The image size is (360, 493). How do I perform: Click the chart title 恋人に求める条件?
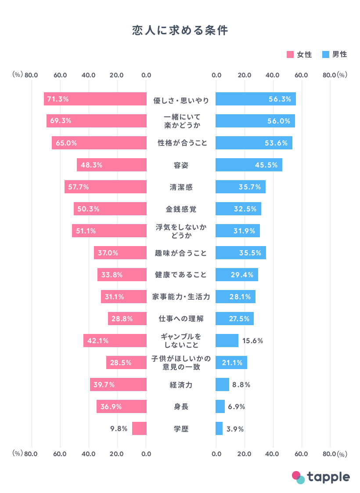coord(180,30)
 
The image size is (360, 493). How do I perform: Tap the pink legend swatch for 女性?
coord(290,55)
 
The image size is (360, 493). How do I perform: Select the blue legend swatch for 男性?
coord(326,55)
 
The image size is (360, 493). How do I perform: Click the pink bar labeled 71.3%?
coord(95,99)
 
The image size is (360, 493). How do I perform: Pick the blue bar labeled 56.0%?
coord(255,121)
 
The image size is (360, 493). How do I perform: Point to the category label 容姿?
coord(181,165)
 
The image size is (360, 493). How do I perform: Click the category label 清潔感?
coord(181,187)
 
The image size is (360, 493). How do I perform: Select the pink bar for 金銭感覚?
coord(110,209)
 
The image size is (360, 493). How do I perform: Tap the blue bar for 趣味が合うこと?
coord(241,253)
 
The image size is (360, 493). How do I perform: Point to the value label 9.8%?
coord(119,429)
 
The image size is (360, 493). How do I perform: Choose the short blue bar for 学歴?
coord(219,428)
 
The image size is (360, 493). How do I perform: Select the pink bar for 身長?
coord(122,406)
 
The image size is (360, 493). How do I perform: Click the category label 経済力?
coord(181,385)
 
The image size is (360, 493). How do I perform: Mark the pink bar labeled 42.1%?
coord(115,341)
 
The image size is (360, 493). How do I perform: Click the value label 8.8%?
coord(241,385)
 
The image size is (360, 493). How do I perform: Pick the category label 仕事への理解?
coord(181,319)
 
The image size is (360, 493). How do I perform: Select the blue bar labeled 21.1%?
coord(231,362)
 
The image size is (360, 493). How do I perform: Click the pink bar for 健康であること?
coord(122,275)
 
